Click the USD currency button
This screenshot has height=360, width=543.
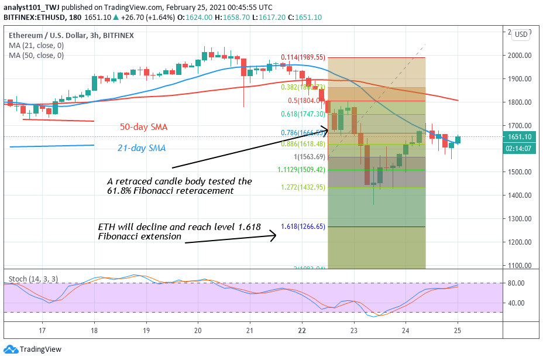(x=521, y=35)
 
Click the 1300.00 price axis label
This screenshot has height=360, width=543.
(x=520, y=218)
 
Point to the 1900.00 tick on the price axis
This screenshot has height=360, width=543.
(x=520, y=78)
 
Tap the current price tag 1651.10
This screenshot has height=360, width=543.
(x=520, y=137)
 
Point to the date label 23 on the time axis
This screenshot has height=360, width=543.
(x=354, y=330)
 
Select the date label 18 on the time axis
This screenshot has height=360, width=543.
(x=94, y=330)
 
